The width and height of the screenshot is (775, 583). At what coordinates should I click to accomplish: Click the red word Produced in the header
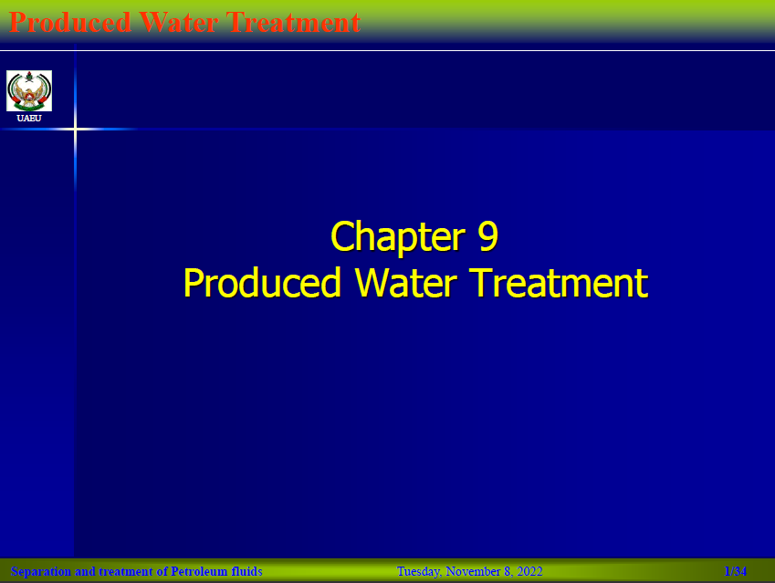(x=70, y=22)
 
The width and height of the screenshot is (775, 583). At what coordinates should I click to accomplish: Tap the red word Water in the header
(x=178, y=22)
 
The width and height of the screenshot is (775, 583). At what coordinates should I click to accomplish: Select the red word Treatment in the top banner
(x=294, y=22)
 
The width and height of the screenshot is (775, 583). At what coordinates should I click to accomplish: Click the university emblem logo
(x=29, y=91)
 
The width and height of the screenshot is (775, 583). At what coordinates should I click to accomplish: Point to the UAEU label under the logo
(x=29, y=118)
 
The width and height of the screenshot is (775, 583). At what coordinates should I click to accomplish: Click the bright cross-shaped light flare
(x=75, y=130)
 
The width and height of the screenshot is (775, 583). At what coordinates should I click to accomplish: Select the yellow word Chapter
(x=398, y=237)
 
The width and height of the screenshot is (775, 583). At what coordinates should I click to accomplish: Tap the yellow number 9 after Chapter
(x=487, y=235)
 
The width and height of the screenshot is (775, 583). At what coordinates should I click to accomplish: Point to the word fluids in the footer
(x=246, y=572)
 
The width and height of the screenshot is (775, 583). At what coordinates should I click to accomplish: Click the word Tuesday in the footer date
(x=419, y=572)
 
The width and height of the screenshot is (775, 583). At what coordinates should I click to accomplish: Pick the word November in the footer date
(x=473, y=572)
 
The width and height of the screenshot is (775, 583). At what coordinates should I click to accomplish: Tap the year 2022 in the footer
(x=529, y=572)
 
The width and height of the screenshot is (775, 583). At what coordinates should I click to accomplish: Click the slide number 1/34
(x=736, y=572)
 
